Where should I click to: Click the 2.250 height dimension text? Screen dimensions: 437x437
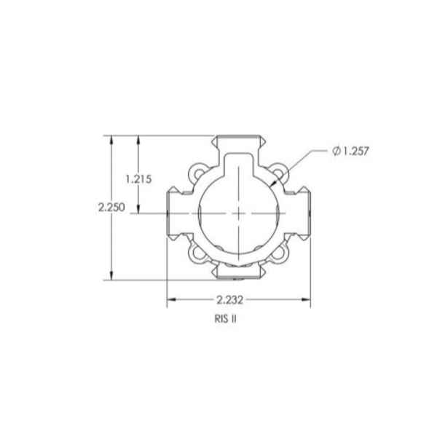point(112,207)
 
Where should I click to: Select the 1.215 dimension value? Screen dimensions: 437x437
point(138,178)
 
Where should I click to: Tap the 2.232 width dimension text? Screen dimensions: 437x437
point(229,299)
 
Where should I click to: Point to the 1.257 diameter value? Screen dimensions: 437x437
point(355,151)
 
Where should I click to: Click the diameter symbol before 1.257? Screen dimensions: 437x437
point(335,151)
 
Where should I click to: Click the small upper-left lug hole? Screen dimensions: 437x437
point(195,173)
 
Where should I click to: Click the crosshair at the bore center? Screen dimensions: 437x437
point(239,213)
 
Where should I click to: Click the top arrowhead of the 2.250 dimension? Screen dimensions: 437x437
point(111,139)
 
